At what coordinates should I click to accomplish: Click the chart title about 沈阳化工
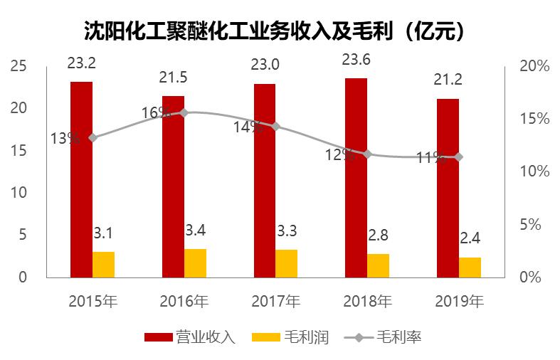click(280, 30)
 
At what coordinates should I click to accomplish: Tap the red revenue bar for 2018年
click(356, 178)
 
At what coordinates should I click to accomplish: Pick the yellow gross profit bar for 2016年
click(195, 263)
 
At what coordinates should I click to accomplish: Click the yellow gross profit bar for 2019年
click(470, 268)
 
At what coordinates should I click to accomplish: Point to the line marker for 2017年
click(275, 127)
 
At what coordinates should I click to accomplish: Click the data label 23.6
click(356, 60)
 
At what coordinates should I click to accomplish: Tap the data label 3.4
click(196, 231)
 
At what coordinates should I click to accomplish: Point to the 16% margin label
click(155, 112)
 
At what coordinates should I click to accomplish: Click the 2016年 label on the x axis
click(184, 301)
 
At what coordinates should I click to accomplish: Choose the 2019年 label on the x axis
click(459, 301)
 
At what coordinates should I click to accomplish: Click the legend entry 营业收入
click(189, 337)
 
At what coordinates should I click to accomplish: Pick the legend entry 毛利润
click(290, 337)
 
